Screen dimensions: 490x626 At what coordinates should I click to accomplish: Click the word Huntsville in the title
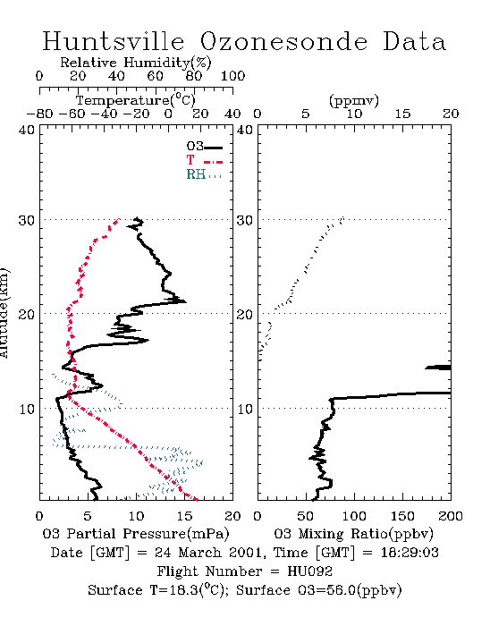point(114,41)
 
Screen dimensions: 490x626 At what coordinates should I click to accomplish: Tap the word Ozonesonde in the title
point(283,41)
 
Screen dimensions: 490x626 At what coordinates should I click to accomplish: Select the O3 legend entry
point(204,147)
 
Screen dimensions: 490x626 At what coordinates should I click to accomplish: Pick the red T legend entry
point(204,160)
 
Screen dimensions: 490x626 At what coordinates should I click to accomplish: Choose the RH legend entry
point(204,174)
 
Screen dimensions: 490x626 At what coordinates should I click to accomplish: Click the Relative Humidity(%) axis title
point(136,63)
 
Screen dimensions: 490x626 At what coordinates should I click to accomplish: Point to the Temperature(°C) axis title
point(136,100)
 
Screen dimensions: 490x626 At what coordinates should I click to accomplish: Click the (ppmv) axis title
point(354,100)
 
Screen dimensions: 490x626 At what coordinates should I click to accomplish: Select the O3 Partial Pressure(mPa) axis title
point(136,534)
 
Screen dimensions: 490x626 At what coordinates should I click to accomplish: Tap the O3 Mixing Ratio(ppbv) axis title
point(353,534)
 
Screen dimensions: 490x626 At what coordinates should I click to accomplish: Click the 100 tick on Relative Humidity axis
point(232,75)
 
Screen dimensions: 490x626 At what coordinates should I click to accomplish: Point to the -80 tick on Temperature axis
point(39,114)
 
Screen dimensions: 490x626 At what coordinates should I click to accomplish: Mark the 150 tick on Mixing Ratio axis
point(402,516)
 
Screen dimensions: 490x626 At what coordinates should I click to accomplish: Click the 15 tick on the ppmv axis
point(402,114)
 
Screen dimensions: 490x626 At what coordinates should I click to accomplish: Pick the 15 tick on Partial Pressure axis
point(184,516)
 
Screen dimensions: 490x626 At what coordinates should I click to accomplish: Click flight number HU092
point(309,571)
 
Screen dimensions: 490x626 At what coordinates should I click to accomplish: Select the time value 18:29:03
point(410,553)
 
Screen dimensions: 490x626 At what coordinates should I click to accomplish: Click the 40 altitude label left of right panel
point(245,131)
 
